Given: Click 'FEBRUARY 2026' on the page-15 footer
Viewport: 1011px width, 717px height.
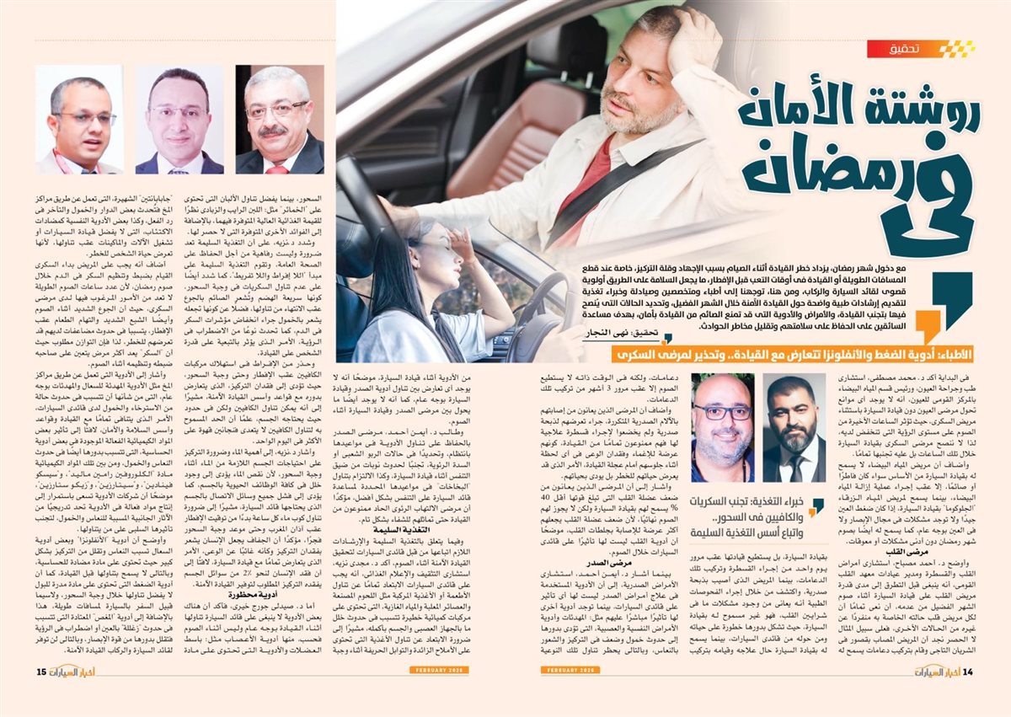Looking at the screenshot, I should tap(439, 670).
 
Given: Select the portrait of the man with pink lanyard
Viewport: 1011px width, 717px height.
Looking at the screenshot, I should tap(78, 120).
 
